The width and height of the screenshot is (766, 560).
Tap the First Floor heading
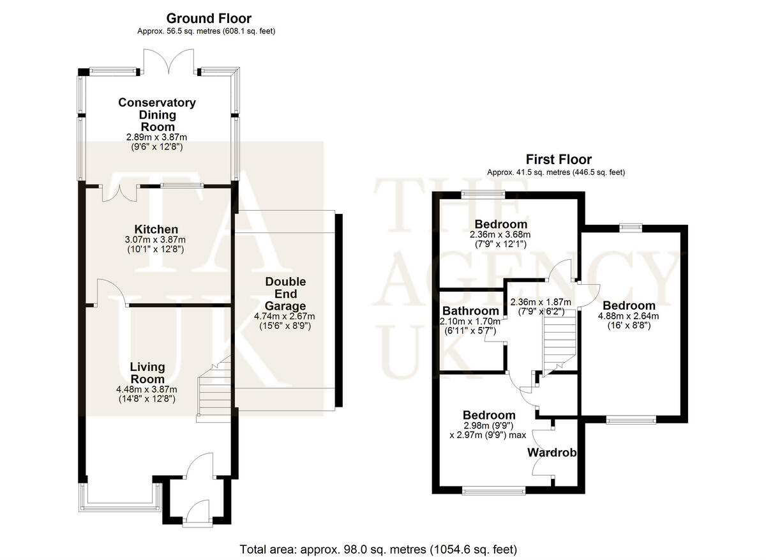pyautogui.click(x=558, y=160)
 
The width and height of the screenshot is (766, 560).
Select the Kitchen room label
pyautogui.click(x=156, y=229)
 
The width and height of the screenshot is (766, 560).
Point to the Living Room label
pyautogui.click(x=147, y=373)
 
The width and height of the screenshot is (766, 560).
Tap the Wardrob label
pyautogui.click(x=552, y=453)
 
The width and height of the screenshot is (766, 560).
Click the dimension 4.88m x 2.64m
pyautogui.click(x=628, y=315)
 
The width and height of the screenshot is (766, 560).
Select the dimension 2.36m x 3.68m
pyautogui.click(x=500, y=234)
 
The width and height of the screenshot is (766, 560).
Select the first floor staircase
pyautogui.click(x=559, y=345)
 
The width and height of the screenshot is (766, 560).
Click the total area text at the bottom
pyautogui.click(x=378, y=549)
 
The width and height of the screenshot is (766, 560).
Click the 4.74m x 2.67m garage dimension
pyautogui.click(x=285, y=315)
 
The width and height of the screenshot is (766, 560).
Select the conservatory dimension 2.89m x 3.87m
pyautogui.click(x=156, y=137)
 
